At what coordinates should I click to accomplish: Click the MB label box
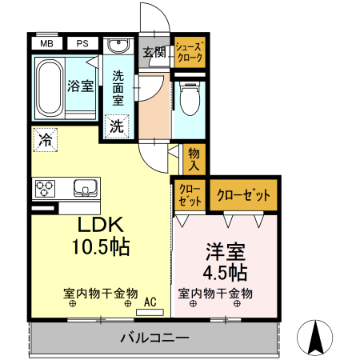[47, 44]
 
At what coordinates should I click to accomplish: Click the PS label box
[82, 44]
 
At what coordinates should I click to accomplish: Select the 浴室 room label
[80, 86]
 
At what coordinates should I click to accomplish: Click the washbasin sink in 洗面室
[118, 46]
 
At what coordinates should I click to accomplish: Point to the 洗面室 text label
[118, 89]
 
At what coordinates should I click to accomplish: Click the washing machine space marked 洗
[117, 126]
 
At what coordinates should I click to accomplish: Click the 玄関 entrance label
[154, 53]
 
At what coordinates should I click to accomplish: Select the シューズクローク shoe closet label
[190, 53]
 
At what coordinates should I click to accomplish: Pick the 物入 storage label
[194, 158]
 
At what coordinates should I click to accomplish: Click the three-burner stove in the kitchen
[45, 188]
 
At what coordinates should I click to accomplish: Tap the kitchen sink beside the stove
[85, 188]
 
